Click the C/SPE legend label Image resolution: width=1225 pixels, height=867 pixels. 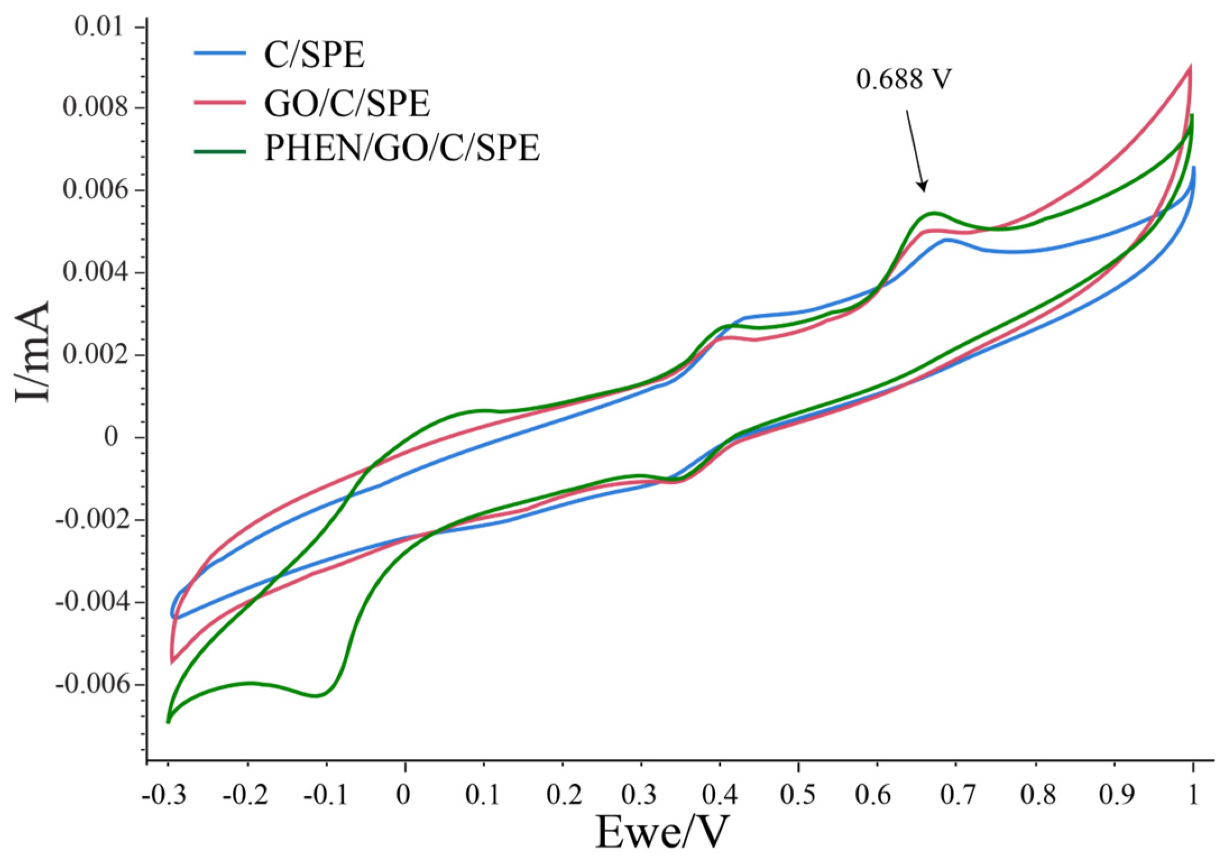tap(314, 55)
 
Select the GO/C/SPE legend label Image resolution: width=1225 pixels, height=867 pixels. tap(347, 103)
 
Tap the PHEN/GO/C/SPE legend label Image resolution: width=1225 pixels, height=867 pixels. tap(402, 149)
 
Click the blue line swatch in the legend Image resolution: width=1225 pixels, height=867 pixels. tap(220, 53)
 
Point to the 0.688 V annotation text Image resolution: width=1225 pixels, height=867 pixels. tap(903, 80)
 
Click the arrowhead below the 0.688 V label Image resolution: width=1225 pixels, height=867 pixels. tap(923, 187)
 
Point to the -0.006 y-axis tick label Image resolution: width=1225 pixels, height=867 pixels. tap(93, 684)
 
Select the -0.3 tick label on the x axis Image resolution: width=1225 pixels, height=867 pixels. tap(164, 795)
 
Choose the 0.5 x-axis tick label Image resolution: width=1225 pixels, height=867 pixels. tap(798, 795)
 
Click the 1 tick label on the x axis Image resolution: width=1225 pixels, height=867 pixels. tap(1192, 795)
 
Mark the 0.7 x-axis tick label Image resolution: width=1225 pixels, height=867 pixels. tap(956, 795)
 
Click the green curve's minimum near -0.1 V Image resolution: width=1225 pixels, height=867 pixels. tap(317, 695)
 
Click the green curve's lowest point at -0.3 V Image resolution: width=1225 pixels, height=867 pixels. tap(168, 722)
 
